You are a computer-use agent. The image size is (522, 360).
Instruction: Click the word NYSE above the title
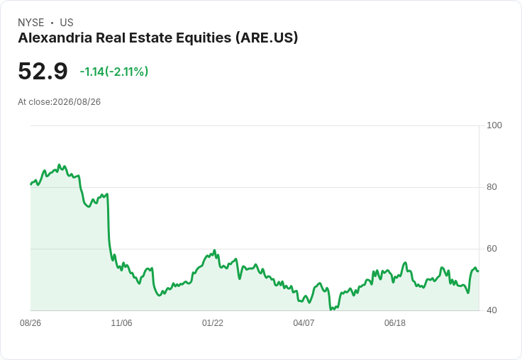[31, 23]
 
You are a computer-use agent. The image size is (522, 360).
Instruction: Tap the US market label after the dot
[67, 23]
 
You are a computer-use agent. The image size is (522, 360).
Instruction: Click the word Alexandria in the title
[55, 38]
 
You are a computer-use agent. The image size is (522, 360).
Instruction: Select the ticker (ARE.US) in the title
[267, 38]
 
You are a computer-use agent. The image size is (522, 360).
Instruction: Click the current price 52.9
[43, 71]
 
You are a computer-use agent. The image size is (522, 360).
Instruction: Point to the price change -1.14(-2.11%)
[114, 72]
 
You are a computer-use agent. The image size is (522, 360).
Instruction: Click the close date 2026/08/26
[77, 102]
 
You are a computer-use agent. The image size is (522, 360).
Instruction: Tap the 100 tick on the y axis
[494, 125]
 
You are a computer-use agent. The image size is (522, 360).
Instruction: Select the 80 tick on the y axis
[492, 187]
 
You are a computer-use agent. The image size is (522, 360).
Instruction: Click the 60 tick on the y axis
[492, 249]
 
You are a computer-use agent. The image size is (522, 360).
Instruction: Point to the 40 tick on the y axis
[492, 310]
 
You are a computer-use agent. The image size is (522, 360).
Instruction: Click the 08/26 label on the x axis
[30, 323]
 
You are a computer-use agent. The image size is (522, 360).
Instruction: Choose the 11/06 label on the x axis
[121, 323]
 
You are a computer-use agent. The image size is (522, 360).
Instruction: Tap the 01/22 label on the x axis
[212, 323]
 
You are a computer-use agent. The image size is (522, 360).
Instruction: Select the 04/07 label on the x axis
[304, 323]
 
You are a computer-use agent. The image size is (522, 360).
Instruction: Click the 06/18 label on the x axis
[395, 323]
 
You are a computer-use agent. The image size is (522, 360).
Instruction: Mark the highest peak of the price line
[60, 164]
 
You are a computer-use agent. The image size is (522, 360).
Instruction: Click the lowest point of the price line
[331, 310]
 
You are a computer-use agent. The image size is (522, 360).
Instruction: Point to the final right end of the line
[479, 271]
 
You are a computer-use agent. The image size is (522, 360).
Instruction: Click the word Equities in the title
[204, 38]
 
